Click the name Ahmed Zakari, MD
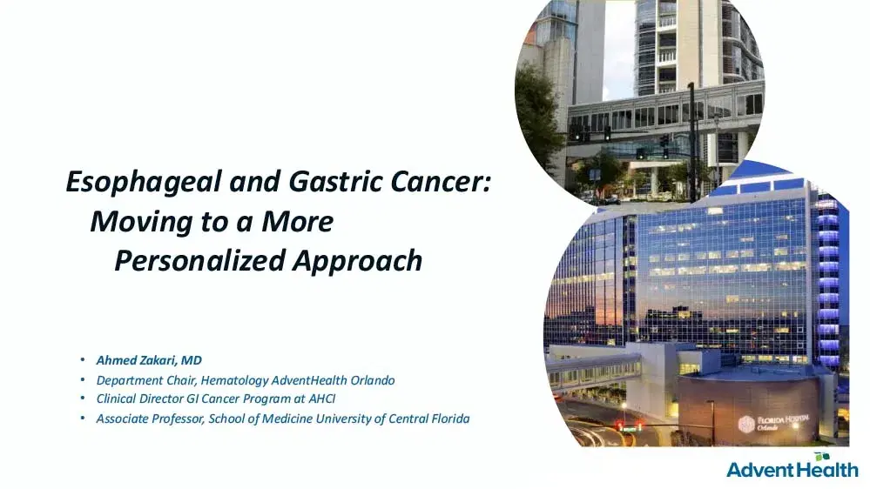click(x=149, y=359)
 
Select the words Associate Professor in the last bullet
click(x=147, y=419)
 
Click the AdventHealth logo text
click(x=792, y=470)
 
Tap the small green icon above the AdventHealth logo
click(x=820, y=455)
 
